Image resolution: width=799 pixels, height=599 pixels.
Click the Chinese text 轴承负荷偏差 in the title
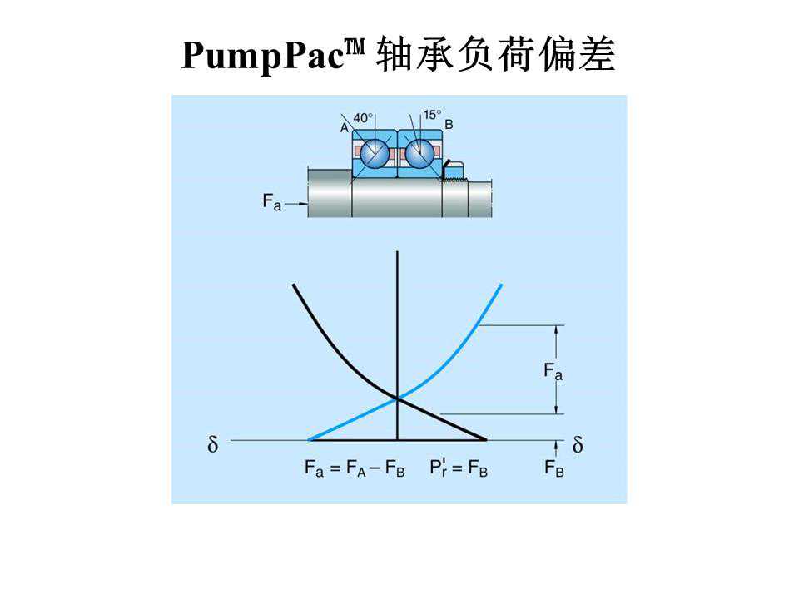click(x=497, y=57)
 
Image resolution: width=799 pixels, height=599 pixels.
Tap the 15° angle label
click(x=431, y=115)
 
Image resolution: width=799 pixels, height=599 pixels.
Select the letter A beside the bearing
click(x=345, y=126)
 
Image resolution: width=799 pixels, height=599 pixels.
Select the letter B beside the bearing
click(x=449, y=125)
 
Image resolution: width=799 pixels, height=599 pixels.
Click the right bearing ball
click(x=419, y=152)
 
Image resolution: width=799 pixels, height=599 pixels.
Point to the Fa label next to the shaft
click(x=272, y=201)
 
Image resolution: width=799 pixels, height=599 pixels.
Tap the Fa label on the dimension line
click(x=553, y=371)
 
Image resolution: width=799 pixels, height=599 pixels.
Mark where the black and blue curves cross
click(x=399, y=399)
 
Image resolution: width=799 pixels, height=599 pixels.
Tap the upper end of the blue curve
click(x=500, y=286)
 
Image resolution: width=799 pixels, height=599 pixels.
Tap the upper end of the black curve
click(x=294, y=286)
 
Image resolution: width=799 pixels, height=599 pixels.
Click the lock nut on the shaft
click(x=453, y=172)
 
